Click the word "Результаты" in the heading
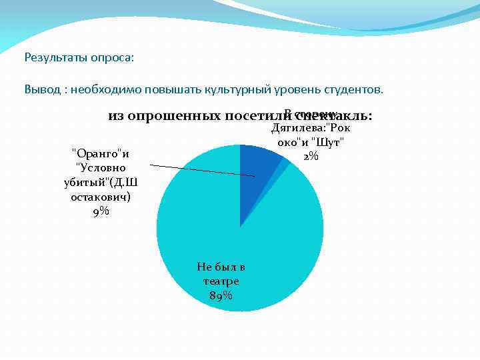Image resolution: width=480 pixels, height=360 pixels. pos(55,58)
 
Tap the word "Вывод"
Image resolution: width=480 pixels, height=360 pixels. pos(41,89)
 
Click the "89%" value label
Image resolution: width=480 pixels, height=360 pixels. pos(221,296)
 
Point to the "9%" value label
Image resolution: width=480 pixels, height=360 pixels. pos(101,212)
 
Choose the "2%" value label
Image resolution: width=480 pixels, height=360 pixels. pos(311,156)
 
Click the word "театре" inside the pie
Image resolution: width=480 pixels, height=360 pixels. pos(221,281)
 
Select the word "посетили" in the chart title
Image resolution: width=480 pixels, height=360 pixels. pos(253,117)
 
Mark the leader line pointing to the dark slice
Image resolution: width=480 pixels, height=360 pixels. pos(200,170)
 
